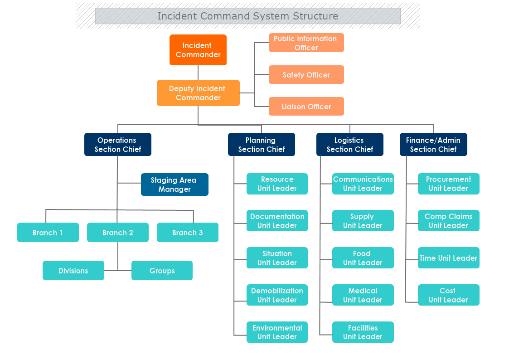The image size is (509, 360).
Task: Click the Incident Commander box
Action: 198,50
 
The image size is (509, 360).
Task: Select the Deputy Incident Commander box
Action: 198,93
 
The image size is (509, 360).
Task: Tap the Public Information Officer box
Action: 306,43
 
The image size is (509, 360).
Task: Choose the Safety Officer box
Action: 306,75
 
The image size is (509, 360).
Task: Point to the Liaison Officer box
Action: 306,107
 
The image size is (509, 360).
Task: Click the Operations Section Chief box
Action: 117,145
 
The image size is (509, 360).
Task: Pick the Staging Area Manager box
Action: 175,185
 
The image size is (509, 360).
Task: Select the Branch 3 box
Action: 187,233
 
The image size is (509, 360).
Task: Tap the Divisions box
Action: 73,271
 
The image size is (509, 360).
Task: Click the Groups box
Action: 162,271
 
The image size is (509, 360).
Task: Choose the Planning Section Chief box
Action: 261,145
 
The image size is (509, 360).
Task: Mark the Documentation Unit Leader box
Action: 277,221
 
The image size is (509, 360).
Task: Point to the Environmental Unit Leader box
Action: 277,332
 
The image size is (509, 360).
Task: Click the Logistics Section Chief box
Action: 349,145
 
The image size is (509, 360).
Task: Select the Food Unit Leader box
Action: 363,258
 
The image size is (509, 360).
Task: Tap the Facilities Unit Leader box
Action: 363,332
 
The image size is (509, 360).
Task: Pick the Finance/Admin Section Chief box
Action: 433,145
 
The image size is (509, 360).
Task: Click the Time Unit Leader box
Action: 448,258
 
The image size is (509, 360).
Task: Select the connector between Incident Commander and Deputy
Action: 198,73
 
